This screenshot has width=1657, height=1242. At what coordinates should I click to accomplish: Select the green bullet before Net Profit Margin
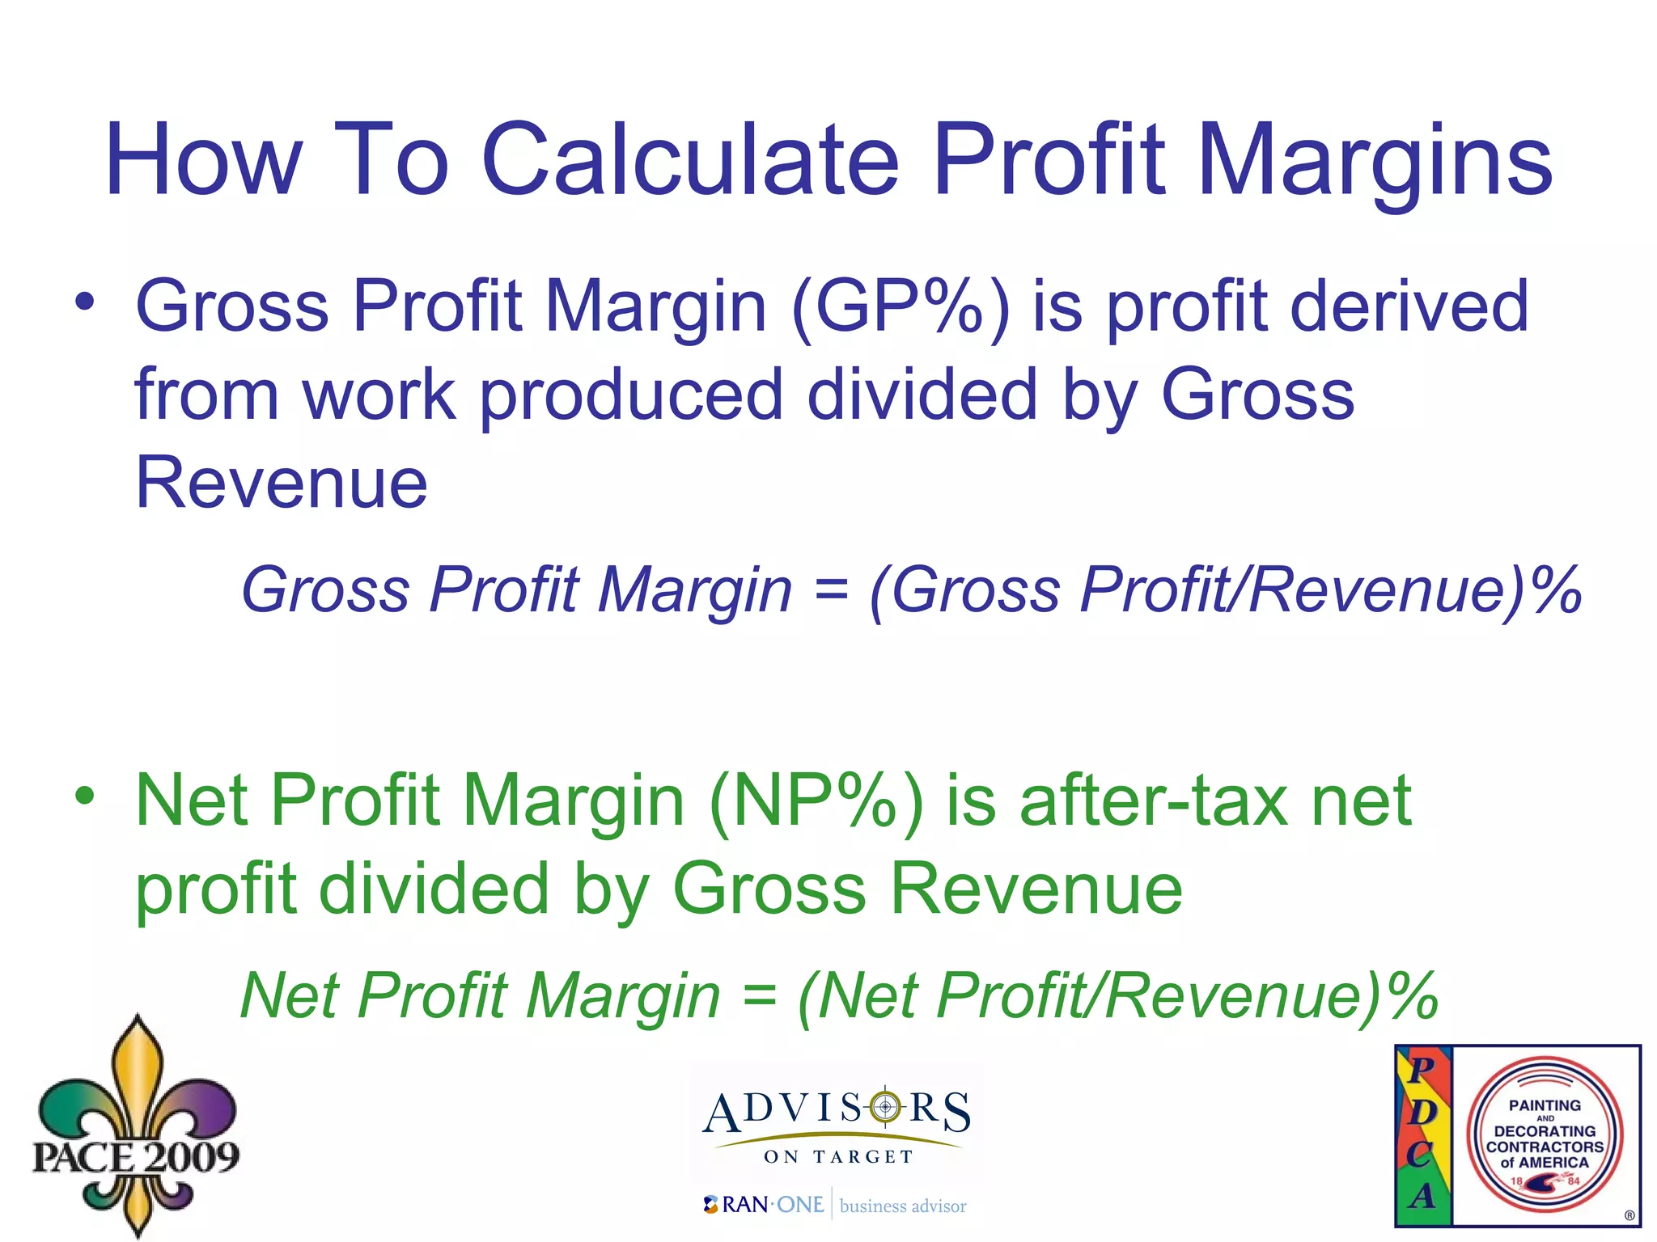[85, 796]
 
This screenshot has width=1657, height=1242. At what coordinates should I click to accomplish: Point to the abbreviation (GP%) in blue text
[900, 307]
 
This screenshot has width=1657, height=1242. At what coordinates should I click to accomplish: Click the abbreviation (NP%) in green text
[815, 801]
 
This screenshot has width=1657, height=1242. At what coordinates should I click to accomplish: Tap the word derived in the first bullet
[1409, 307]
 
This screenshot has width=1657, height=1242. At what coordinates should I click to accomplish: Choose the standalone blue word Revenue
[281, 483]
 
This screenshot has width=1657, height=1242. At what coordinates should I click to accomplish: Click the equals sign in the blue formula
[831, 590]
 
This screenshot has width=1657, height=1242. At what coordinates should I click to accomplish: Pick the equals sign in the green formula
[759, 996]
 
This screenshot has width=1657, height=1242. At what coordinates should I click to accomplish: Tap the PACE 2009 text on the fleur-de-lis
[136, 1156]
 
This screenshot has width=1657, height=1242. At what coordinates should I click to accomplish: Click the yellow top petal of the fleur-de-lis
[138, 1067]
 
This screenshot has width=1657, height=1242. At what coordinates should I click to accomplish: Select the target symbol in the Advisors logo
[885, 1106]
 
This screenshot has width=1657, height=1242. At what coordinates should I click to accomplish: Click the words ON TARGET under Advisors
[838, 1157]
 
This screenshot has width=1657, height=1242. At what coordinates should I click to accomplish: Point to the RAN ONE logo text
[765, 1205]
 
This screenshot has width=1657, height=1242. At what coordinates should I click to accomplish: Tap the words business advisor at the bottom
[902, 1206]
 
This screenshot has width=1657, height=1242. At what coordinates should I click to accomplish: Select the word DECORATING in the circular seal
[1544, 1131]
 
